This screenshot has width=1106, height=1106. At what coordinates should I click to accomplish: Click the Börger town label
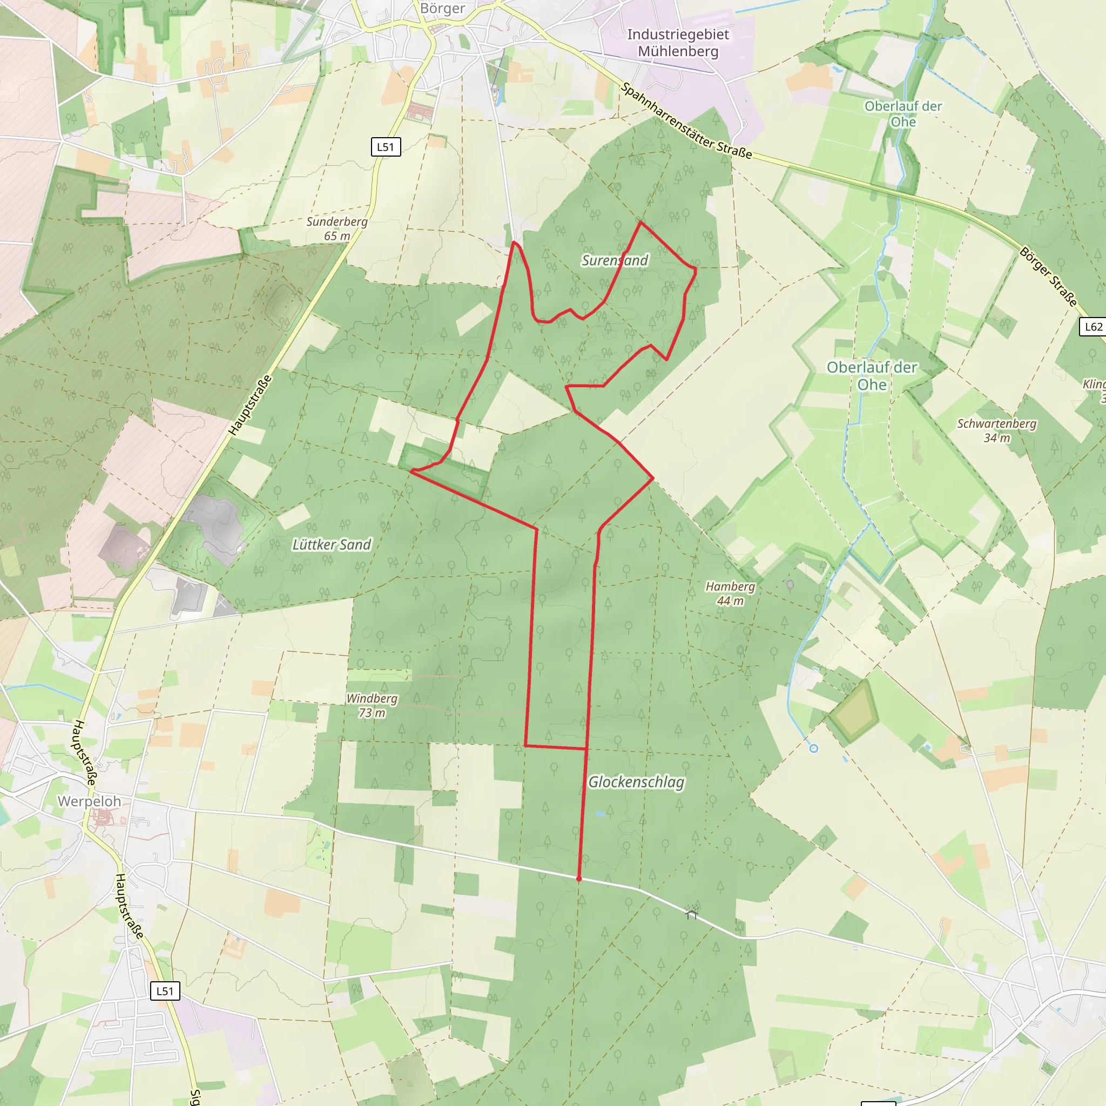pos(442,9)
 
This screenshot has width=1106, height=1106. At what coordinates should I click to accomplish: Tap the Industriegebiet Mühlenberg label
pos(678,43)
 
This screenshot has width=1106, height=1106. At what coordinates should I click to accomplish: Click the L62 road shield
pos(1093,327)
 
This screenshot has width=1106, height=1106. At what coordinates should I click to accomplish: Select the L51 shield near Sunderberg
pos(386,147)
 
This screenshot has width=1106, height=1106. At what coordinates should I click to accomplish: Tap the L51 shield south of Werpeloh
pos(165,991)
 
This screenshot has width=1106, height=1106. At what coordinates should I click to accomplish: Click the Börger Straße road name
pos(1049,276)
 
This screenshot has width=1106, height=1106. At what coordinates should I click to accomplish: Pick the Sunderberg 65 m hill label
pos(336,228)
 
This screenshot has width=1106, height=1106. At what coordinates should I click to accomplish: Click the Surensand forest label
pos(615,260)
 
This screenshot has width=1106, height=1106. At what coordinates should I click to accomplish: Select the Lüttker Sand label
pos(332,544)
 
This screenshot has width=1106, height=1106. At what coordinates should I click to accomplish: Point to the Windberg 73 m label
pos(372,705)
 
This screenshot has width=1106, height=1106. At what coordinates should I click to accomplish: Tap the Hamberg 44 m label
pos(730,594)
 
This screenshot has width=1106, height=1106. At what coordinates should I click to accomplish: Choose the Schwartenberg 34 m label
pos(997,430)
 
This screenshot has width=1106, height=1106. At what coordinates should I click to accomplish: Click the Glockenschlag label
pos(636,782)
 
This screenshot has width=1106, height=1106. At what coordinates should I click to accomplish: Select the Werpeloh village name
pos(89,801)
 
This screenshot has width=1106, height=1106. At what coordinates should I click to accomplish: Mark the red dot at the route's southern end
pos(579,878)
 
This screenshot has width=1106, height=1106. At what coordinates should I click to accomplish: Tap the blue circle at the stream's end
pos(813,748)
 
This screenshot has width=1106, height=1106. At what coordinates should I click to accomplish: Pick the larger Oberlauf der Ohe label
pos(871,375)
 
